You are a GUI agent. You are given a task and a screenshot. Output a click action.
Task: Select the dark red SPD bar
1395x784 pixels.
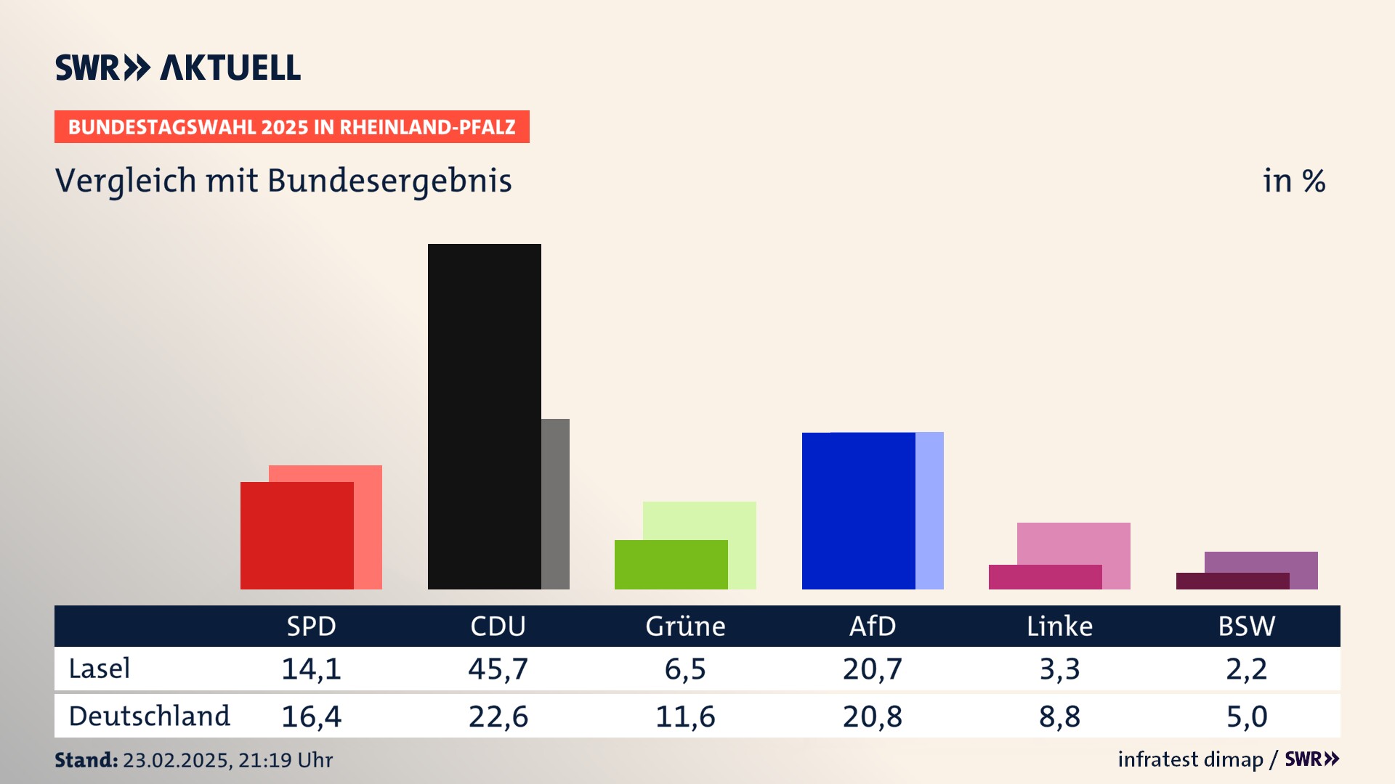(296, 535)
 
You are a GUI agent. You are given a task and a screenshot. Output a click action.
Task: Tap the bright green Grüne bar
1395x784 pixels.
(671, 564)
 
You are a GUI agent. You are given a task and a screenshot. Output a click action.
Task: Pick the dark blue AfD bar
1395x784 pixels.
(858, 510)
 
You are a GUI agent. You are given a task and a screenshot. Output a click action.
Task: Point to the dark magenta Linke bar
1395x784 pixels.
(1045, 576)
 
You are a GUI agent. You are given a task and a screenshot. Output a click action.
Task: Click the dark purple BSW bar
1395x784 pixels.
(1232, 581)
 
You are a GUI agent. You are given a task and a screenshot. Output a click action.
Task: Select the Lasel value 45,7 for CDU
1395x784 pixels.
(498, 669)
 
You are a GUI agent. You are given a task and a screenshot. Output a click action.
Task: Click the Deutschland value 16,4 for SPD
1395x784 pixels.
(311, 716)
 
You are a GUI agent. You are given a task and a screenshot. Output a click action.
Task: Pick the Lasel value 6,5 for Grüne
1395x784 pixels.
(685, 669)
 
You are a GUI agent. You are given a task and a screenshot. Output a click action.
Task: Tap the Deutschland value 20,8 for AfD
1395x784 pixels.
(873, 716)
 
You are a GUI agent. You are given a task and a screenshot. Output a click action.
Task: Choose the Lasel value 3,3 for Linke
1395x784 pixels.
(1059, 669)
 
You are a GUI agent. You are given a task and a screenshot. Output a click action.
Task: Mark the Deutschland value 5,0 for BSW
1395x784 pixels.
(1247, 716)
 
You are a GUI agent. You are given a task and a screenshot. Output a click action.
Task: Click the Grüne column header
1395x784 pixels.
(685, 626)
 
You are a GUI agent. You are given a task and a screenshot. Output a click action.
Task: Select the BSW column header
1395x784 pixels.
(1247, 626)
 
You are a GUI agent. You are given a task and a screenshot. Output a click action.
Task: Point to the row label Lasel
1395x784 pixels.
(100, 669)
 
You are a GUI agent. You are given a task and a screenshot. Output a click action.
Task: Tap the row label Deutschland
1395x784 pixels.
(149, 716)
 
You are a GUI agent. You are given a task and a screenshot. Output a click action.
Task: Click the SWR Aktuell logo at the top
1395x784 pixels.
(178, 68)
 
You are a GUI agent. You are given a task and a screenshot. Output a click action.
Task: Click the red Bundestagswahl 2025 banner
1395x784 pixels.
(291, 127)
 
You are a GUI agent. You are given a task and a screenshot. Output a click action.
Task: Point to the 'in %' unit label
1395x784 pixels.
(1294, 181)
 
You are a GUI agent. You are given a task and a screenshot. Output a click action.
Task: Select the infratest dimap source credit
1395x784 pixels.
(1190, 759)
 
